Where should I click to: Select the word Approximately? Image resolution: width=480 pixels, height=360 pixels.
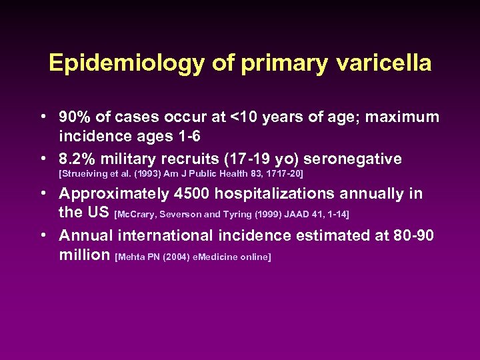113,194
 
